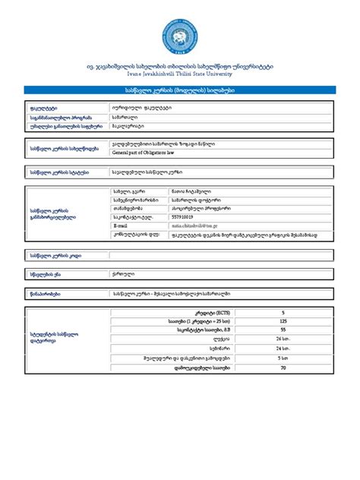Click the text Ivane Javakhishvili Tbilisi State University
point(180,74)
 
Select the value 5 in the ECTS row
point(283,312)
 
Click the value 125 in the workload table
point(283,321)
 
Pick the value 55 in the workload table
point(283,330)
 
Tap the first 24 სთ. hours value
point(283,339)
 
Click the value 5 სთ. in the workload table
point(283,358)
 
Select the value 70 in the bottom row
point(283,368)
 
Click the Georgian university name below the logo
point(180,67)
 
